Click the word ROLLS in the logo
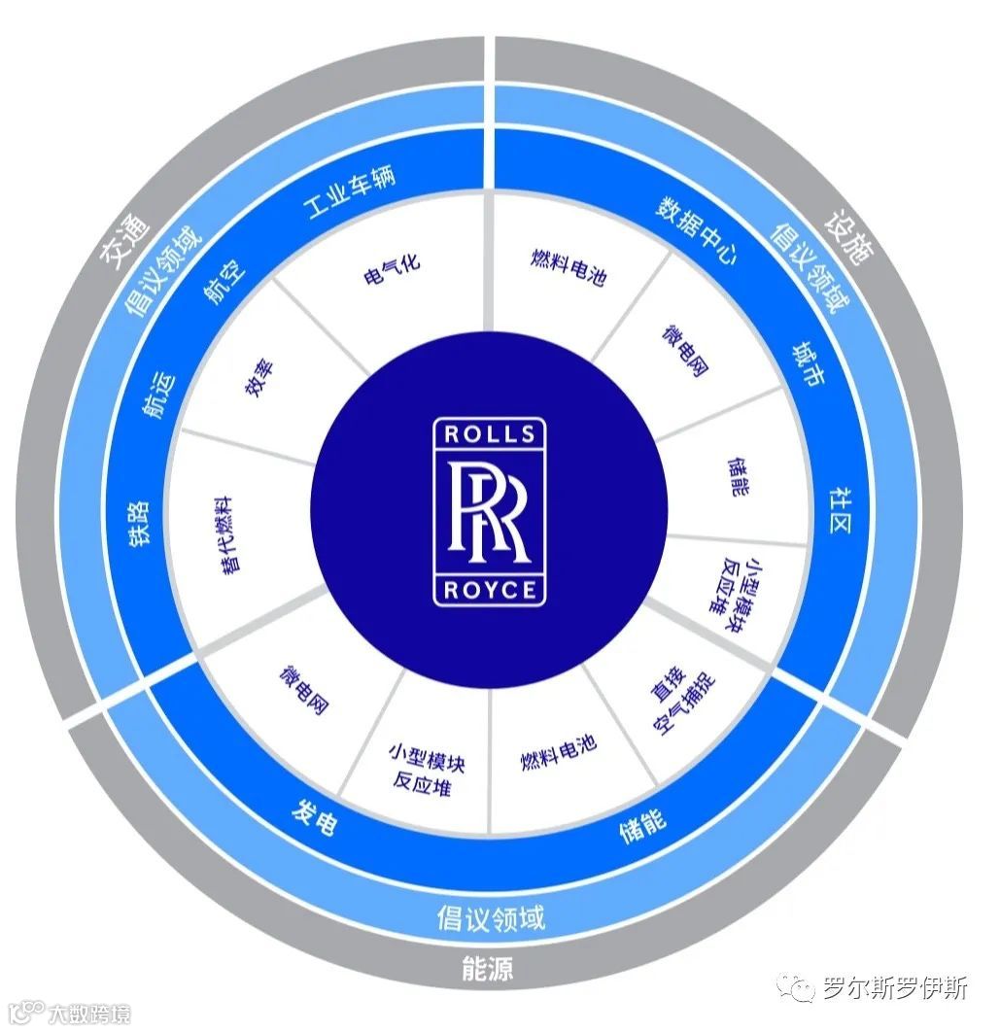point(490,434)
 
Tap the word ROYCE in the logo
point(490,590)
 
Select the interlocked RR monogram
point(490,511)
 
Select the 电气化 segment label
point(392,271)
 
